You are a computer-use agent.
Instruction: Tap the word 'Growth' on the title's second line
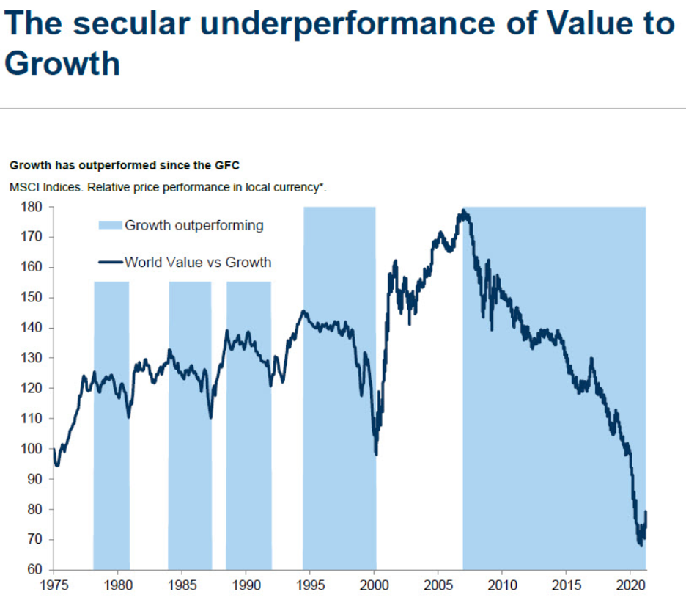point(62,63)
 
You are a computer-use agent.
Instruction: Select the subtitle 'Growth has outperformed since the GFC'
point(125,166)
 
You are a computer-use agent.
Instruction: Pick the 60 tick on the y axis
point(36,570)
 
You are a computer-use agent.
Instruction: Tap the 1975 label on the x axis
point(54,586)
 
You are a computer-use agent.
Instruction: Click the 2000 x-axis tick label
point(375,586)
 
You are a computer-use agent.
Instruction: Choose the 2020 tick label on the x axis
point(631,586)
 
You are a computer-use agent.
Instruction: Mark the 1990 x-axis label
point(246,586)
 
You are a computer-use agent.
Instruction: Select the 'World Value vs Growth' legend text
point(198,262)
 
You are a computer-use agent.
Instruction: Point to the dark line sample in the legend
point(109,262)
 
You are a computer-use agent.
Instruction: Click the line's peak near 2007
point(463,212)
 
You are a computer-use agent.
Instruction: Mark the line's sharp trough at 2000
point(376,454)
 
